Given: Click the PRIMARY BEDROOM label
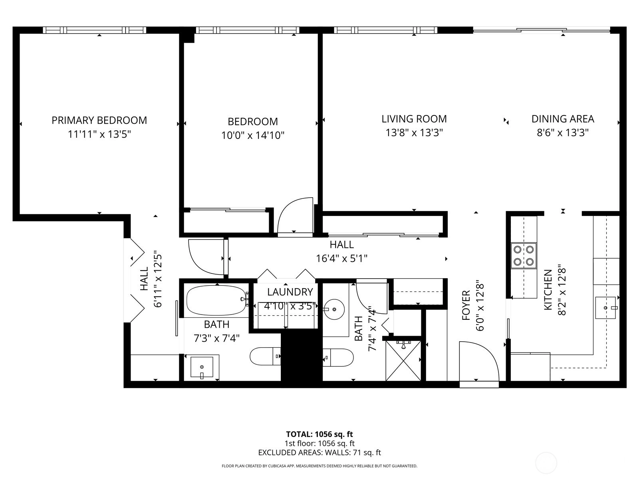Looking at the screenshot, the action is [99, 121].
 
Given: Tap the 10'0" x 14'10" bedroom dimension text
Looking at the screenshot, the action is [253, 136].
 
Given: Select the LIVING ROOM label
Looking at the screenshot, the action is [414, 119].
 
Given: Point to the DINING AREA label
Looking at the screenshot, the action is [563, 119].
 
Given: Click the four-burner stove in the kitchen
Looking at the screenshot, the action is [524, 255].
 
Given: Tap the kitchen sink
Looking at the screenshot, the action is [606, 307].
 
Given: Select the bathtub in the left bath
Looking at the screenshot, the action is [217, 301].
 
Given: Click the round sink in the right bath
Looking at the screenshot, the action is [334, 309].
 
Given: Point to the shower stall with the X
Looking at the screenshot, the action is [403, 360].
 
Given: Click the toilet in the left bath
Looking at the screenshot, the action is [265, 356].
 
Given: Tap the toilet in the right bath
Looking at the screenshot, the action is [338, 357].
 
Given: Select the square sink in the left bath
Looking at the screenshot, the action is [202, 368].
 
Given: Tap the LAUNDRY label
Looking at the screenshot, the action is [290, 292].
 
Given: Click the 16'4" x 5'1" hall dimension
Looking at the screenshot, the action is [342, 259].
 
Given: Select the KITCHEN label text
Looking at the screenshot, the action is [548, 290].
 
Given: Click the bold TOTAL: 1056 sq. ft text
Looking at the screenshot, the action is [319, 434].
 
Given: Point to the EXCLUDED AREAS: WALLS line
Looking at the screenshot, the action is [319, 453].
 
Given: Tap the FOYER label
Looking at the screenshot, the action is [466, 305].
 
